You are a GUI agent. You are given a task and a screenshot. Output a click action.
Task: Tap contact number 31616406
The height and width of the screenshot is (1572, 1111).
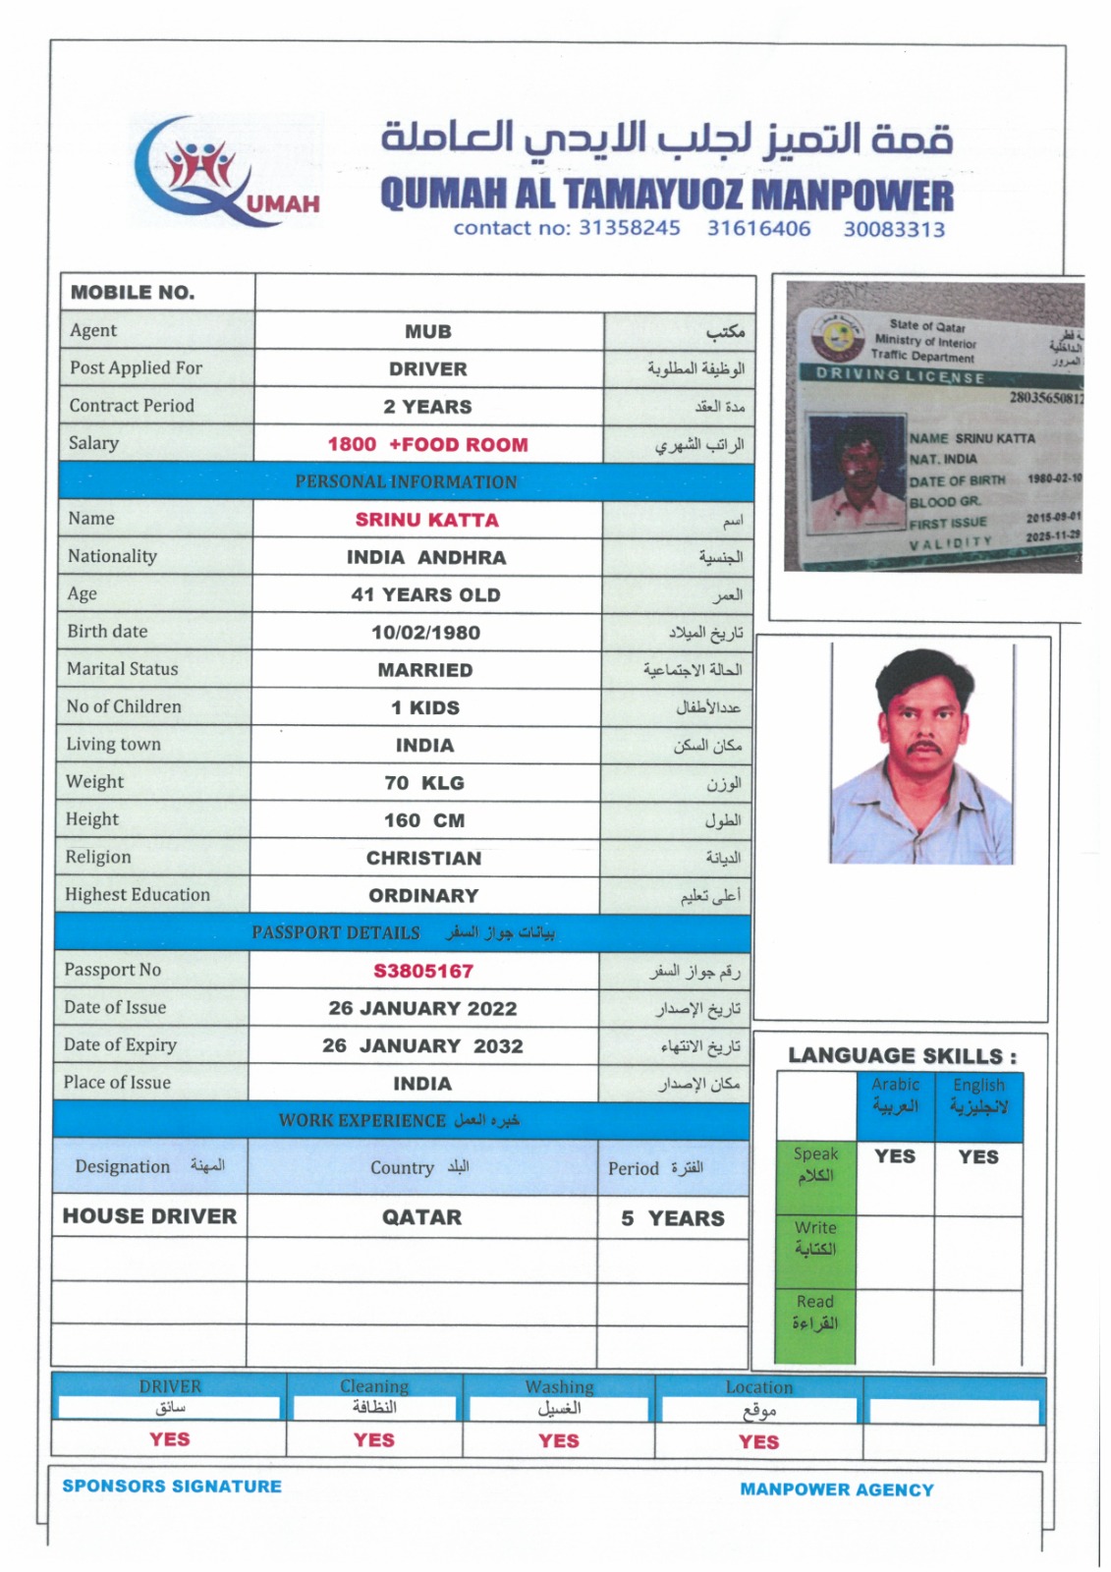pyautogui.click(x=758, y=229)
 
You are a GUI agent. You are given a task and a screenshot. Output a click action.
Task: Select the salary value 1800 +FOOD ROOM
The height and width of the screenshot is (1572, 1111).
pyautogui.click(x=427, y=444)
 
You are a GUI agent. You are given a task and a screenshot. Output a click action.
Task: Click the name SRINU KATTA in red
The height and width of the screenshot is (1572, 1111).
pyautogui.click(x=426, y=520)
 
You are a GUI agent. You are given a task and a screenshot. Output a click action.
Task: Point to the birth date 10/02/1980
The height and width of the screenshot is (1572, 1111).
pyautogui.click(x=425, y=633)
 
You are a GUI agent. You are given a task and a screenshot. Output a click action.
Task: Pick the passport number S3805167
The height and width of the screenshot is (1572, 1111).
pyautogui.click(x=423, y=971)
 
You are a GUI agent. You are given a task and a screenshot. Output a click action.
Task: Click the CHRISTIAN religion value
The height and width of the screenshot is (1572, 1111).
pyautogui.click(x=423, y=858)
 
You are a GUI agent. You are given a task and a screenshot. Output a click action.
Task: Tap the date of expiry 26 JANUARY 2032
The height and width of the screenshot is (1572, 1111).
pyautogui.click(x=422, y=1045)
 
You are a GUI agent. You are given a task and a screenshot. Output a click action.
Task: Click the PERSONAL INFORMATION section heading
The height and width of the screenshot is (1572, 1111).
pyautogui.click(x=406, y=482)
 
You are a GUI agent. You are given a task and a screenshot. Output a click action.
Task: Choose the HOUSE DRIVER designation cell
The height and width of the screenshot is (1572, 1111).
pyautogui.click(x=149, y=1216)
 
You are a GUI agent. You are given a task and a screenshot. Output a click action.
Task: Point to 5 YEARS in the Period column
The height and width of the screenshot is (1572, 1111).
pyautogui.click(x=673, y=1218)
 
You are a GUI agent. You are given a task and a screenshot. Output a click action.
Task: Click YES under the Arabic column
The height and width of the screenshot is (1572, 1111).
pyautogui.click(x=894, y=1156)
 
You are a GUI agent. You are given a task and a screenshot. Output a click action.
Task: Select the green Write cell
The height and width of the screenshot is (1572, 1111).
pyautogui.click(x=815, y=1238)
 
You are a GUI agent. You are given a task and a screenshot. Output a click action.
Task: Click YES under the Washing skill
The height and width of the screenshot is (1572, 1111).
pyautogui.click(x=558, y=1440)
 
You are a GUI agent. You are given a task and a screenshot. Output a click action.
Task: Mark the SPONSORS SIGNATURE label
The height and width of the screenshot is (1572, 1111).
pyautogui.click(x=172, y=1487)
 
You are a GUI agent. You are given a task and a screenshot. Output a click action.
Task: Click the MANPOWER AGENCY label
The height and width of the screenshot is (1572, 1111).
pyautogui.click(x=837, y=1489)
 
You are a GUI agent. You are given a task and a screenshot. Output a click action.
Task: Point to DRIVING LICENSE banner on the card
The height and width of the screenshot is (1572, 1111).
pyautogui.click(x=900, y=376)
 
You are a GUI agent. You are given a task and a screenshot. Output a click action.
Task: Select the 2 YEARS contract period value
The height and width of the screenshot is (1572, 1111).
pyautogui.click(x=427, y=407)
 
